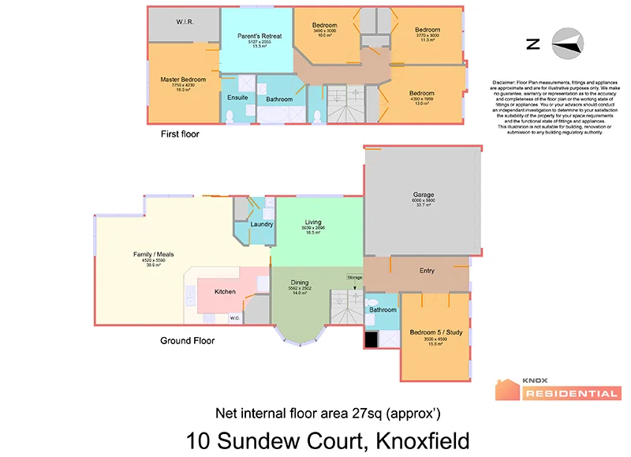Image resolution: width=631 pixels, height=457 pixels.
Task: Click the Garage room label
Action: pyautogui.click(x=423, y=194)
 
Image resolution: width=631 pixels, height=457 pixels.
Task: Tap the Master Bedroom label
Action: pyautogui.click(x=183, y=79)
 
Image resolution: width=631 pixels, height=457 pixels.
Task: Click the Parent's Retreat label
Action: pyautogui.click(x=259, y=36)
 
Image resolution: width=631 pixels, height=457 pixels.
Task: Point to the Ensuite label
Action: pyautogui.click(x=237, y=97)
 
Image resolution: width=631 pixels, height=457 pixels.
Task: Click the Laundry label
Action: pyautogui.click(x=261, y=224)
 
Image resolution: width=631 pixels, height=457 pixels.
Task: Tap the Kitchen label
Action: pyautogui.click(x=225, y=292)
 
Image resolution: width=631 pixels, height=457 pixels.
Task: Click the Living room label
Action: pyautogui.click(x=313, y=223)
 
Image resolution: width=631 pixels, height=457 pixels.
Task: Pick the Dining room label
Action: pyautogui.click(x=299, y=282)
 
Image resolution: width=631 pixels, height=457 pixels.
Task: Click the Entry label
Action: pyautogui.click(x=427, y=271)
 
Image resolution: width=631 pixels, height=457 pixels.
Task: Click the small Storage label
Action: pyautogui.click(x=354, y=278)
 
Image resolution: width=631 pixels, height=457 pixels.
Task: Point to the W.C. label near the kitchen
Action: pyautogui.click(x=235, y=318)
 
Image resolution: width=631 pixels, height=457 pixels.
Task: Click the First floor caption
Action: pyautogui.click(x=180, y=134)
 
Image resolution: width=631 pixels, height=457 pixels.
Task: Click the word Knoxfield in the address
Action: pyautogui.click(x=423, y=440)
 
